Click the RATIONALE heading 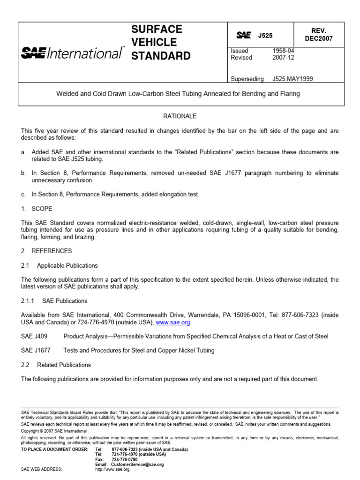[x=180, y=116]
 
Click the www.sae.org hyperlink [x=173, y=322]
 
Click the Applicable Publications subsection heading [x=67, y=265]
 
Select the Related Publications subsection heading [x=64, y=365]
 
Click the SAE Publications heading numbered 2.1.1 [x=64, y=301]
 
